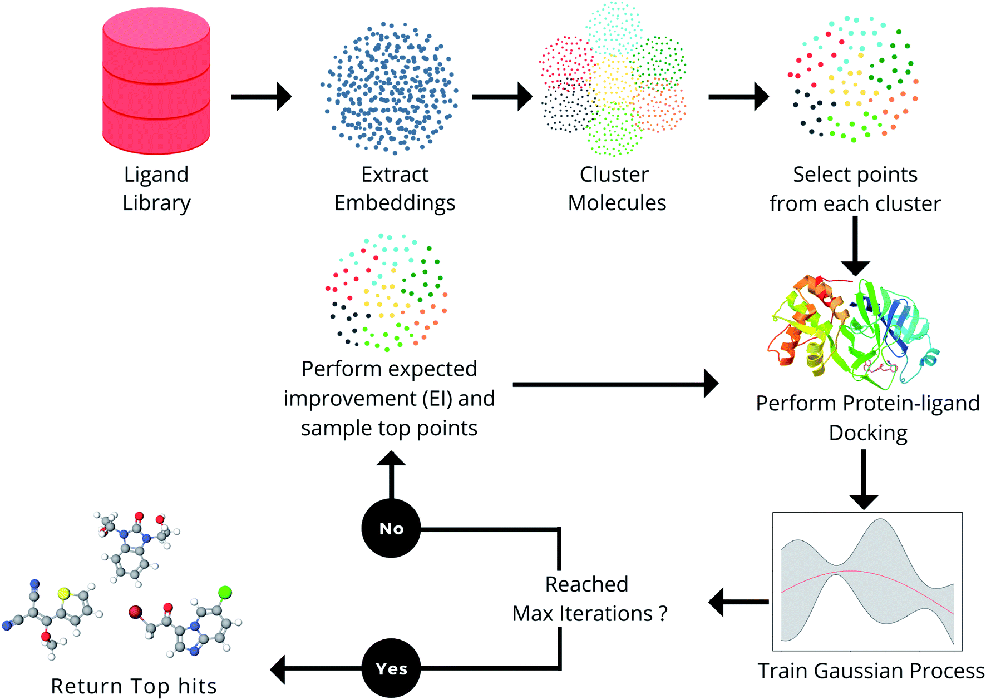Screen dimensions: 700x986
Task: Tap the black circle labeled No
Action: point(391,528)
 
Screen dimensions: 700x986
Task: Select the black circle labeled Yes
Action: point(391,668)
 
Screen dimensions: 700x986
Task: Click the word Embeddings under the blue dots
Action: point(395,203)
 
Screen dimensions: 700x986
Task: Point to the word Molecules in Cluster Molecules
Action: point(617,203)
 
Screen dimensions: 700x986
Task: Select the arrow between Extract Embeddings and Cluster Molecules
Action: point(501,97)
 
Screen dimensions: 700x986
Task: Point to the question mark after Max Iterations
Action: point(663,614)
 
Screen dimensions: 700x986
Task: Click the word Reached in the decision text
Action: point(586,584)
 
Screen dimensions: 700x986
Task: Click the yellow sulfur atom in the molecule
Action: point(64,594)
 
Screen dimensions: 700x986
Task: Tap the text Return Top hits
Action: point(134,686)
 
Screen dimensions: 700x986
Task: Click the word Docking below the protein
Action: point(867,433)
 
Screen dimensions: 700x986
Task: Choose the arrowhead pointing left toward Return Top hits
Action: point(278,668)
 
